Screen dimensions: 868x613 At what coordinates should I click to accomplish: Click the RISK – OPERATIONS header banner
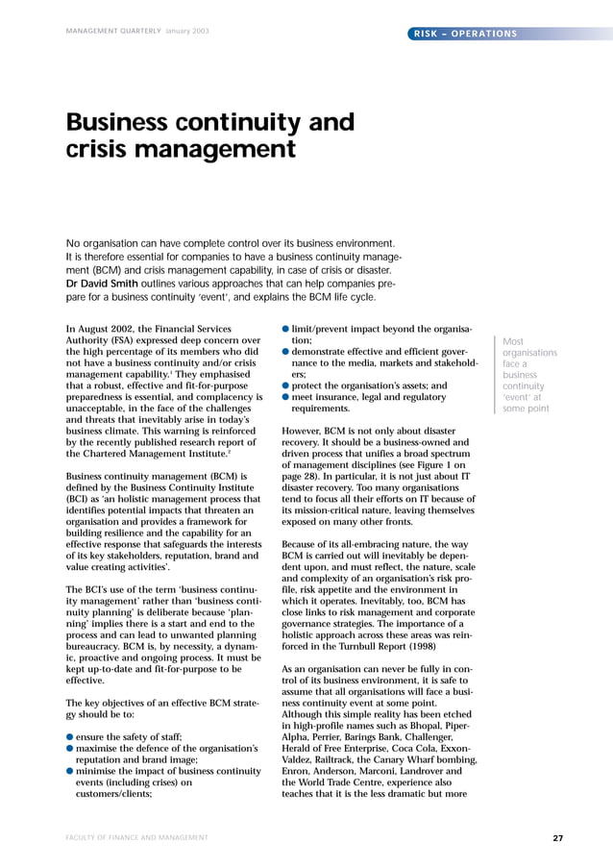[464, 35]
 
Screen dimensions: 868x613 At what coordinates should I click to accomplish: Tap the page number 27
[557, 838]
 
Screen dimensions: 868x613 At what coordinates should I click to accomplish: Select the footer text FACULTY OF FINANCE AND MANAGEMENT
[136, 838]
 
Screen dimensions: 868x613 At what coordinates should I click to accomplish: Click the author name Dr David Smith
[102, 284]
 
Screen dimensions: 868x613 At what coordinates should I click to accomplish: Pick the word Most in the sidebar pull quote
[513, 340]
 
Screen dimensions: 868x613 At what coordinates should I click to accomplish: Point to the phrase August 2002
[111, 328]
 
